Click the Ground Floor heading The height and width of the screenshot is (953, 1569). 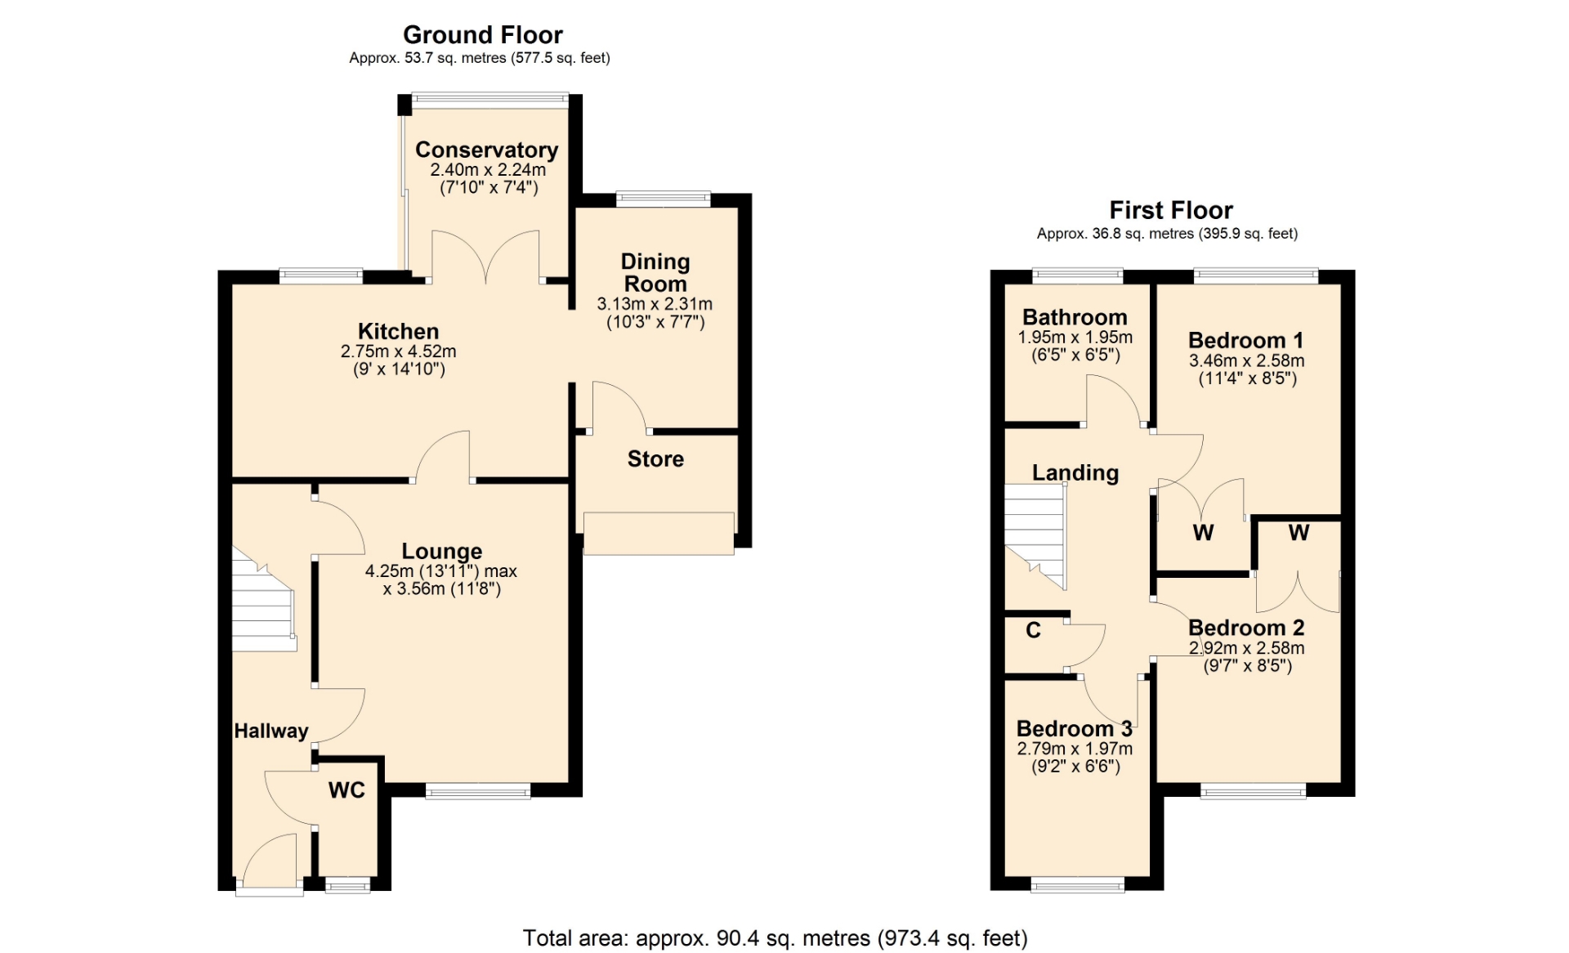[483, 35]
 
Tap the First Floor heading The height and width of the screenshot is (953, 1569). [1171, 210]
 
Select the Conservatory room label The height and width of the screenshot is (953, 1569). [487, 150]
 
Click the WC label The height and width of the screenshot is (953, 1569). [346, 790]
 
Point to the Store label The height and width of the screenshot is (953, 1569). [655, 459]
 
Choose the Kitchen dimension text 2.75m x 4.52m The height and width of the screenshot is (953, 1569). [399, 351]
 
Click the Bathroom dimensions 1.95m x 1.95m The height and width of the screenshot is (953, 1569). [1075, 338]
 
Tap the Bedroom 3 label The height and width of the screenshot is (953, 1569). [1075, 728]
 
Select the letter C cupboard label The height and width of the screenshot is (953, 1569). [1034, 630]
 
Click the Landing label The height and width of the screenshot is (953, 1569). [1075, 472]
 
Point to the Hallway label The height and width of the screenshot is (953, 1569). [271, 732]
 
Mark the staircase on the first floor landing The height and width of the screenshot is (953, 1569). [1035, 536]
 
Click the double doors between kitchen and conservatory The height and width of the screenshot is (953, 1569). [485, 257]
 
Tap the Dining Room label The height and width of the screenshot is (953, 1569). [655, 273]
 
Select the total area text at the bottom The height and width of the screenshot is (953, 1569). [776, 938]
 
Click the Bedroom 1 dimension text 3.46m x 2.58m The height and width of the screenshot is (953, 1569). [1247, 360]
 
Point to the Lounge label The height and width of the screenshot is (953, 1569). [442, 552]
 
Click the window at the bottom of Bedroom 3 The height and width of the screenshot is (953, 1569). [1077, 884]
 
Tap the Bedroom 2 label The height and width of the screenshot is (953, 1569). [1246, 628]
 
